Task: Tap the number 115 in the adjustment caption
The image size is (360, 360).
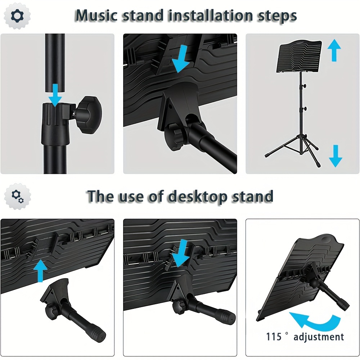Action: click(274, 337)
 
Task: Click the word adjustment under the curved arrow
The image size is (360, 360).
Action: click(319, 337)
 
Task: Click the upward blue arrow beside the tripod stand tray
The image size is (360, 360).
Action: click(334, 51)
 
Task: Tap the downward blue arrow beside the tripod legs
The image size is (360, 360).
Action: click(336, 155)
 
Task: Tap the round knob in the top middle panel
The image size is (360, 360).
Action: click(175, 138)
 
